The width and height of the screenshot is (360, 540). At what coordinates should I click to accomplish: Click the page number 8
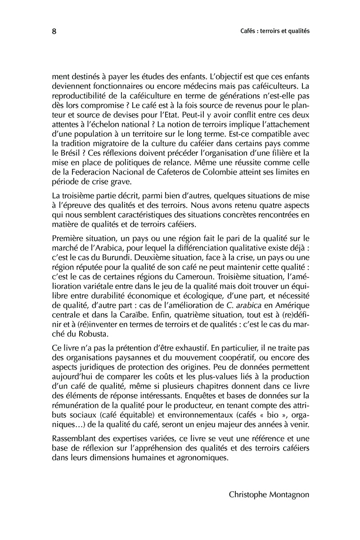[54, 32]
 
